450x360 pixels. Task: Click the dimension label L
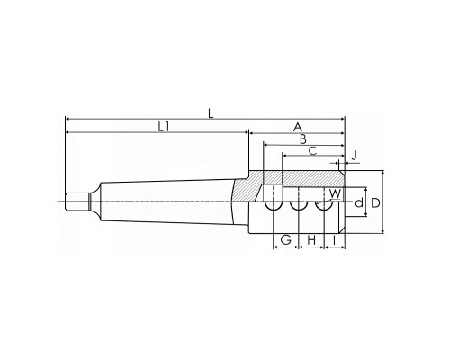(211, 113)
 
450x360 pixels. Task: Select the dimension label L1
(164, 127)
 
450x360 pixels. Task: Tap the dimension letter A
(297, 127)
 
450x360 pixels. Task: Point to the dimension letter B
(303, 139)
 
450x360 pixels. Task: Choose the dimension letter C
(313, 151)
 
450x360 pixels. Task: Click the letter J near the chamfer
(355, 156)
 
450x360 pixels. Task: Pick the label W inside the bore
(335, 193)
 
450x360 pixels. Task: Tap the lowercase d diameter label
(359, 203)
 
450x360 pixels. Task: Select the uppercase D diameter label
(375, 203)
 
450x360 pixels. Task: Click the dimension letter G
(286, 240)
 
